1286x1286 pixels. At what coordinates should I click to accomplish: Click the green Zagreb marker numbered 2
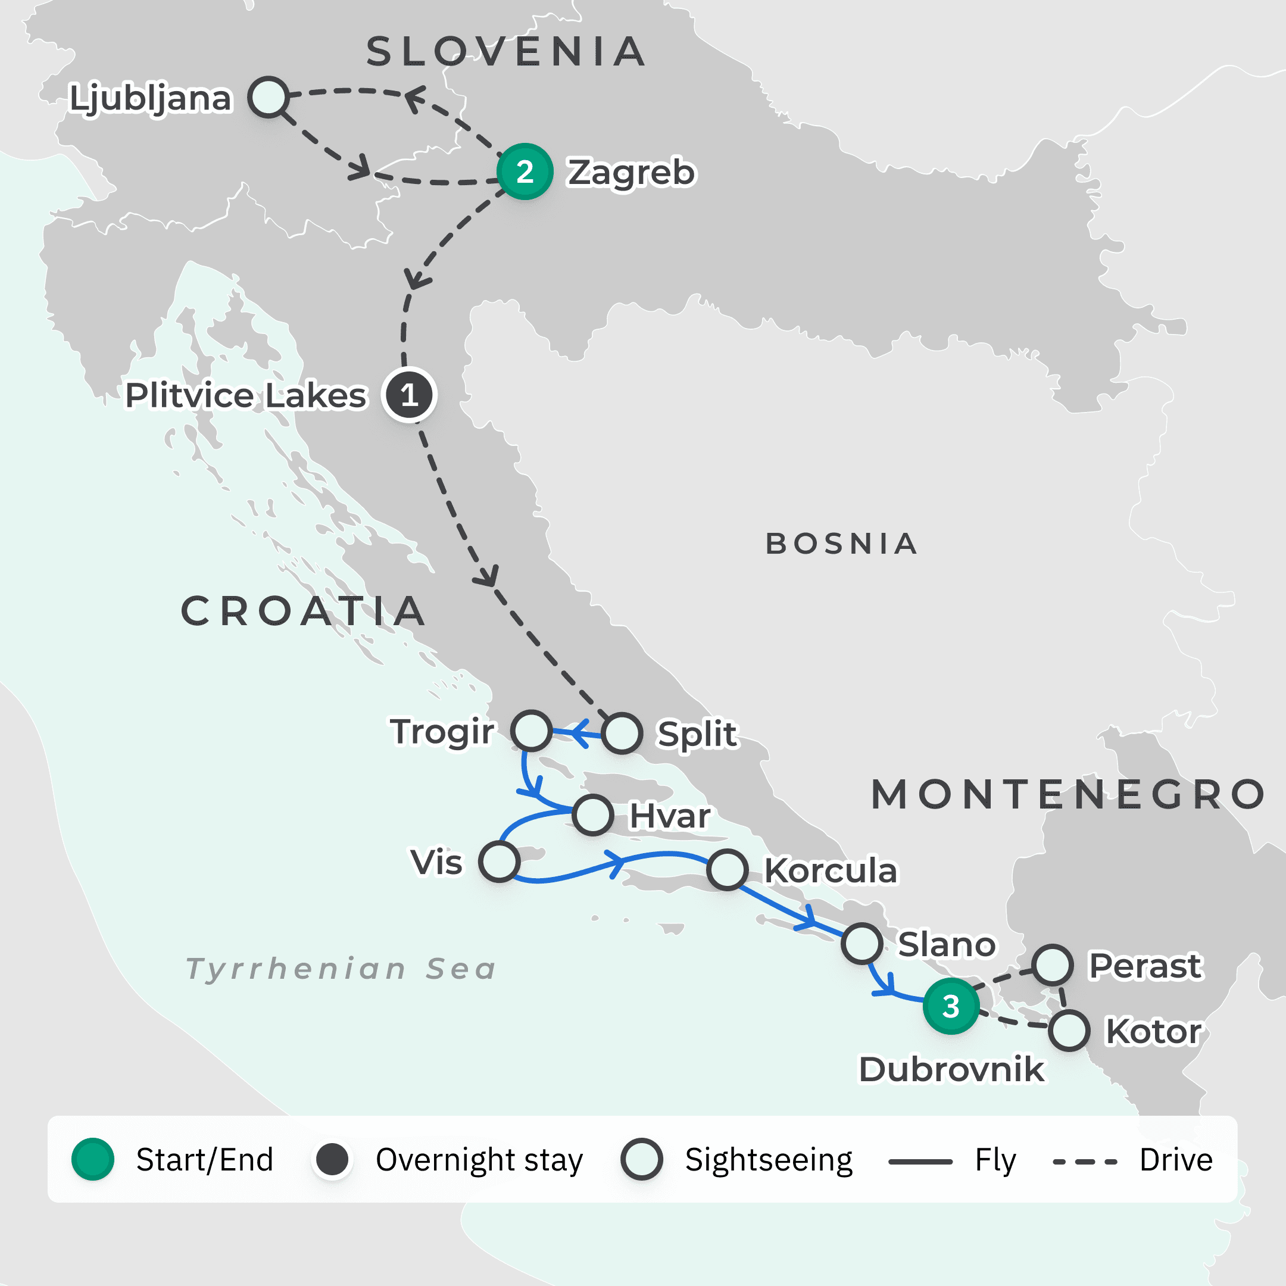pos(525,171)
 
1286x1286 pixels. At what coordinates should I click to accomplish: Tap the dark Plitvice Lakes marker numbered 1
pos(408,395)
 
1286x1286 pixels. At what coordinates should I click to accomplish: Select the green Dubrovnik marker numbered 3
pos(951,1006)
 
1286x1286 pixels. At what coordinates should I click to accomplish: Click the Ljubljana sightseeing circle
pos(269,97)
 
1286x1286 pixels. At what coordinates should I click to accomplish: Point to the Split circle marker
pos(622,733)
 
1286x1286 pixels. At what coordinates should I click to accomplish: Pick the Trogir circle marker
pos(531,730)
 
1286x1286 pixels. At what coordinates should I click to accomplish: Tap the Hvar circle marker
pos(593,814)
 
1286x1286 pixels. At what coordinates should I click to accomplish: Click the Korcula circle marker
pos(728,869)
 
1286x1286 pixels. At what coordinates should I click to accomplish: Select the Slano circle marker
pos(862,943)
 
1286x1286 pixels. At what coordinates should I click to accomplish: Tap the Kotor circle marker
pos(1069,1031)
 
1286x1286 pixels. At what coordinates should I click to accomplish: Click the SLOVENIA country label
pos(506,52)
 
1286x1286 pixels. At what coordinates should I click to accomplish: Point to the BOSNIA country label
pos(841,544)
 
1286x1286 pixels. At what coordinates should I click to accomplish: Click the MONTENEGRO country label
pos(1067,795)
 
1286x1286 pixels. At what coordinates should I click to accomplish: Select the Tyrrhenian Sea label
pos(341,969)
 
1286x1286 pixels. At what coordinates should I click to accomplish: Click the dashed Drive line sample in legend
pos(1084,1162)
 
